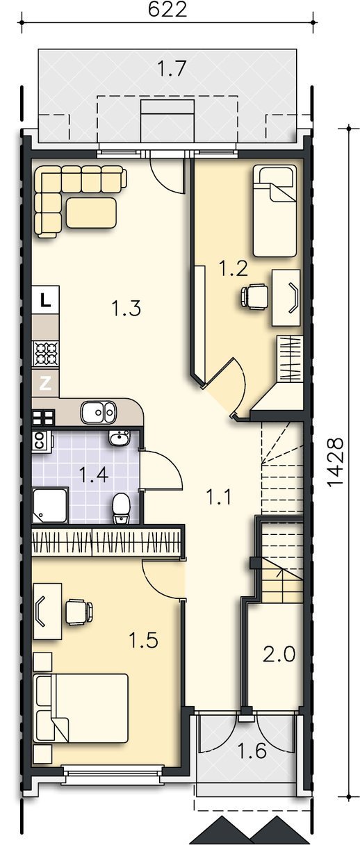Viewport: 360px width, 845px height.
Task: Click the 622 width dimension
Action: (167, 10)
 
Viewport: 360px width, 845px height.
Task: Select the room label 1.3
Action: (126, 308)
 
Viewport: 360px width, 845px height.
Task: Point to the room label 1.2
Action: (234, 269)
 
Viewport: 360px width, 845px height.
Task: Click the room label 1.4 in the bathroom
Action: (94, 474)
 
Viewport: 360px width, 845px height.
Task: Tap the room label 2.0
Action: (279, 654)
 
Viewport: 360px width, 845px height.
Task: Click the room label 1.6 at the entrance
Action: (252, 750)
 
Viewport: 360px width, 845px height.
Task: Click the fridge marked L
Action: (45, 300)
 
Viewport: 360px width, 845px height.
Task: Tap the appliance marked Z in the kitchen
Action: (45, 384)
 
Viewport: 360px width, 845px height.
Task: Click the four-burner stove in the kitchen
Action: (46, 354)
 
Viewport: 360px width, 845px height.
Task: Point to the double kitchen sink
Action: (98, 412)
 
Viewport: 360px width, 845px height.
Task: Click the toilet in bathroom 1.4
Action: (121, 509)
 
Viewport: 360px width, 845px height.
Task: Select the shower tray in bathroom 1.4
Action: (51, 505)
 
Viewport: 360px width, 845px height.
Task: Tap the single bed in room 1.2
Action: (275, 211)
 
